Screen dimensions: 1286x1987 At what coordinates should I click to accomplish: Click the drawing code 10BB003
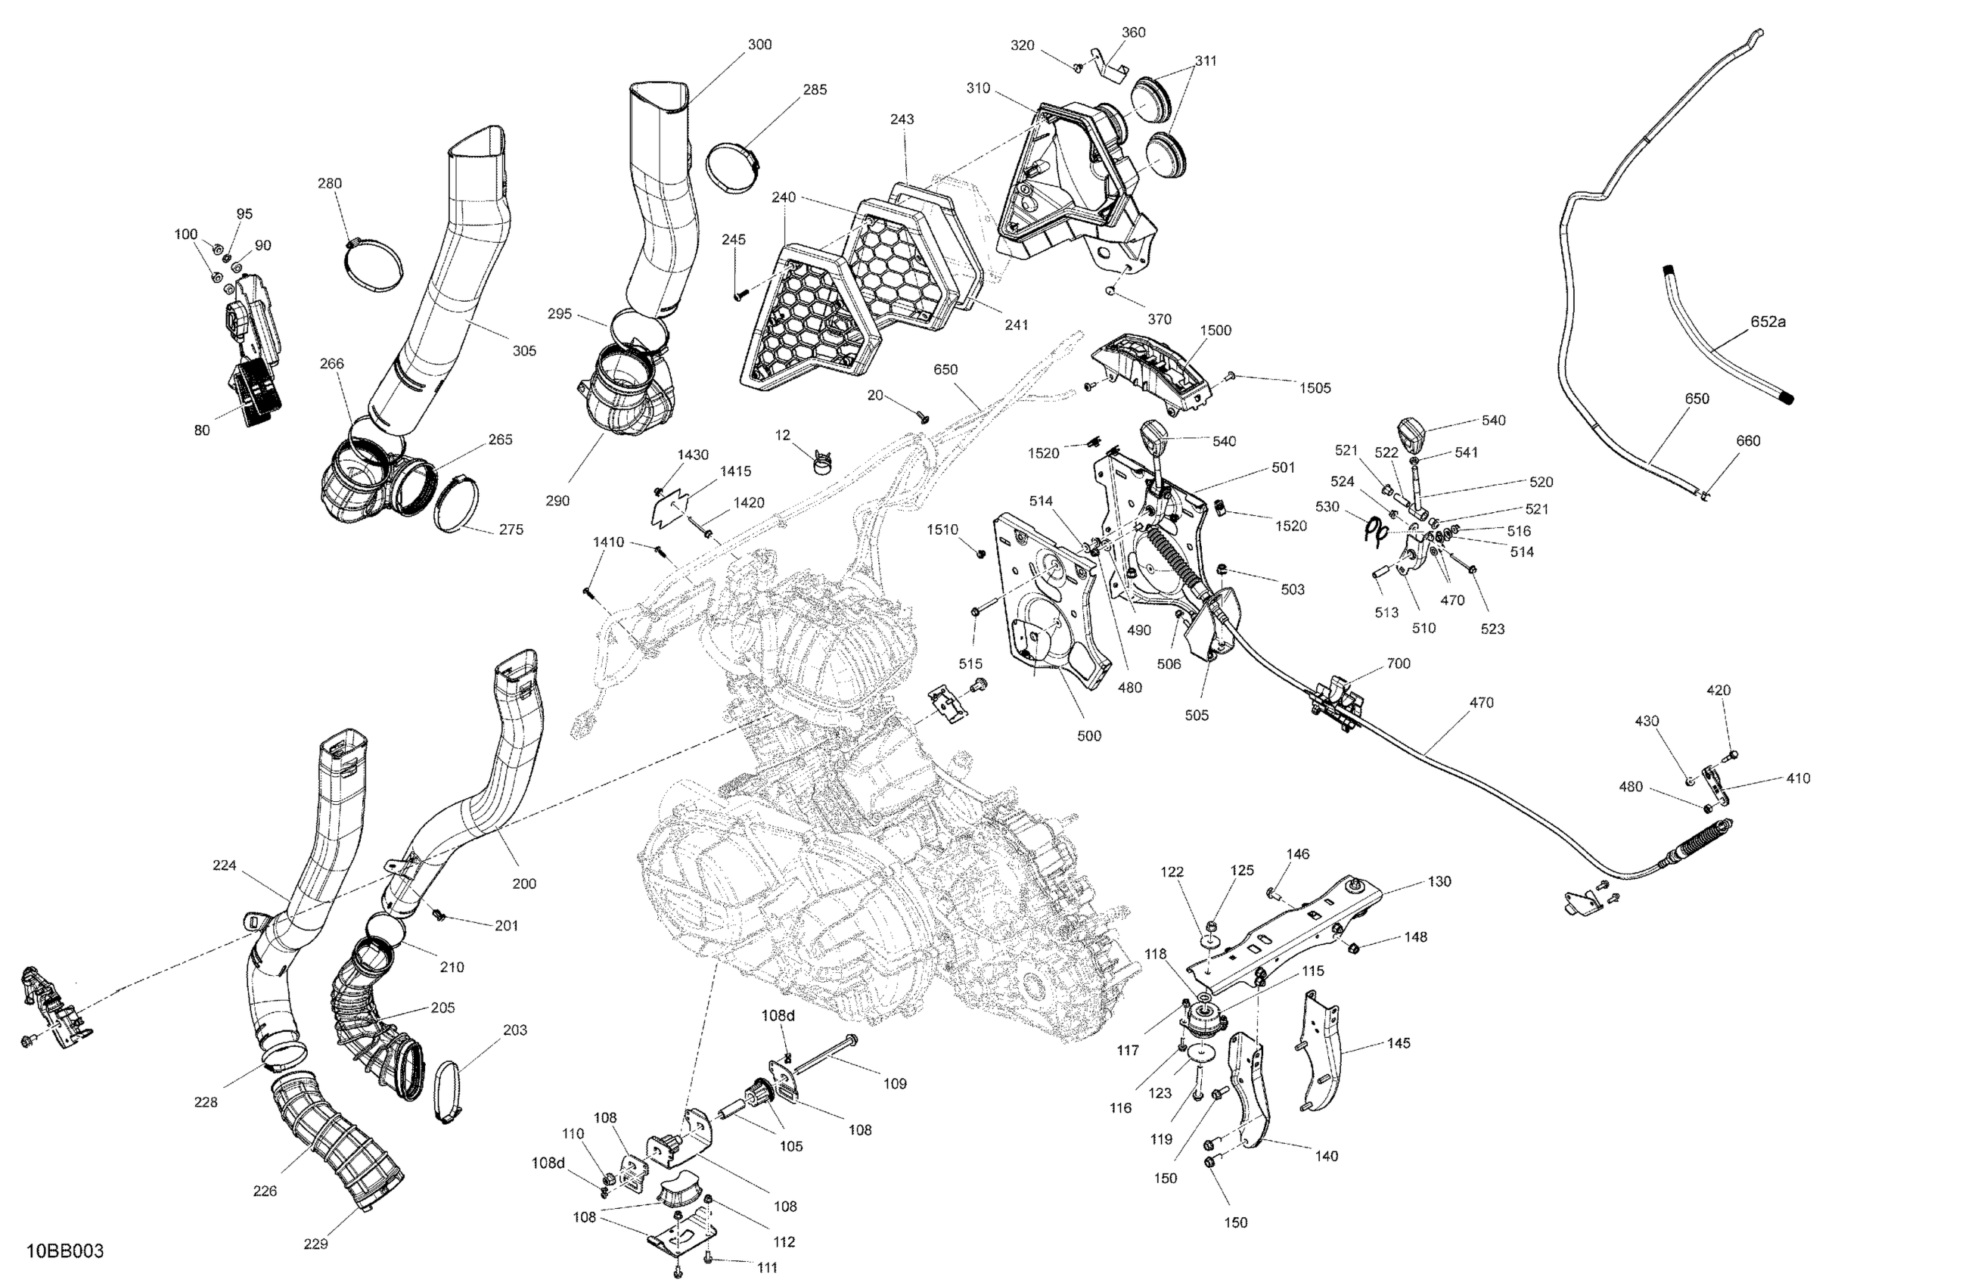tap(65, 1252)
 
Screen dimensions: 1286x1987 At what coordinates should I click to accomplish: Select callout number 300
tap(759, 45)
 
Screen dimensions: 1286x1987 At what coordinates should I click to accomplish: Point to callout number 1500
tap(1215, 330)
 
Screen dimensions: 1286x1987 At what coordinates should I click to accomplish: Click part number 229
tap(315, 1244)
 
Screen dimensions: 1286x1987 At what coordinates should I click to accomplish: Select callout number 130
tap(1439, 881)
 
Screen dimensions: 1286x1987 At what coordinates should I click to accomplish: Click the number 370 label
tap(1160, 319)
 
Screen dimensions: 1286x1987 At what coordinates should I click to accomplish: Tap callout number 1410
tap(609, 542)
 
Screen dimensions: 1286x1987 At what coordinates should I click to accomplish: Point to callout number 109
tap(895, 1084)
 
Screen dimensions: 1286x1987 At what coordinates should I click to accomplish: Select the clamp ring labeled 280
tap(373, 266)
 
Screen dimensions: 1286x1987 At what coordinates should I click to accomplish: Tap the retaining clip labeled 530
tap(1376, 531)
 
